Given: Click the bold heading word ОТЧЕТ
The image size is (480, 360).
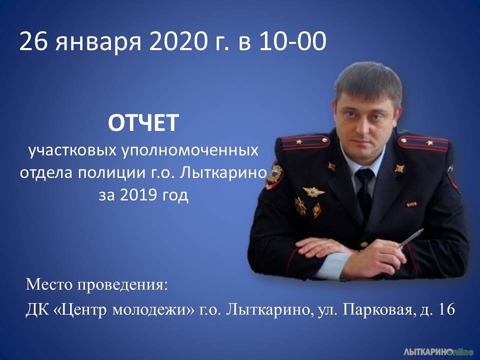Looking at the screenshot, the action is pyautogui.click(x=143, y=123).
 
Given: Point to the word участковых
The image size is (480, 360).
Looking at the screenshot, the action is pyautogui.click(x=72, y=151).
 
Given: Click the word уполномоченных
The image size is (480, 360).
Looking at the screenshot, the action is pyautogui.click(x=190, y=151).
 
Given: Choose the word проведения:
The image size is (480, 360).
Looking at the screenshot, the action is pyautogui.click(x=122, y=285).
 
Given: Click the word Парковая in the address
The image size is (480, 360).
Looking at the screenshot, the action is pyautogui.click(x=377, y=310).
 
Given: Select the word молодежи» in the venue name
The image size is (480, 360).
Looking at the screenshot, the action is pyautogui.click(x=153, y=310).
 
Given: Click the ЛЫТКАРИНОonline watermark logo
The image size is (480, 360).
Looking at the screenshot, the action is pyautogui.click(x=438, y=351).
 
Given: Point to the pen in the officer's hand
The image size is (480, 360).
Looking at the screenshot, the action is pyautogui.click(x=410, y=238).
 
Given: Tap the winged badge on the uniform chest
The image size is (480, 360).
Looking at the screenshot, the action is pyautogui.click(x=313, y=192).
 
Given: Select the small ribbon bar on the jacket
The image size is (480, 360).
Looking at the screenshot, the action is pyautogui.click(x=411, y=204).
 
